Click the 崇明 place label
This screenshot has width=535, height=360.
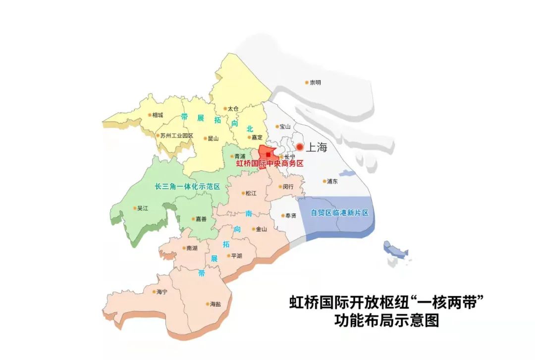tap(315, 82)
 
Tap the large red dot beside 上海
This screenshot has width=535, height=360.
tap(300, 147)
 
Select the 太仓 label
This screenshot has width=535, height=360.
tap(233, 108)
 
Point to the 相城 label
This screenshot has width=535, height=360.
tap(158, 115)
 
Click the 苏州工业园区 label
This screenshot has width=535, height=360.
tap(176, 136)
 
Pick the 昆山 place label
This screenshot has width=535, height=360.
tap(213, 139)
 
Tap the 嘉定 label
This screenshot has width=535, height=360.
tap(257, 138)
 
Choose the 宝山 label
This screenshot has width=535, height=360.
tap(285, 127)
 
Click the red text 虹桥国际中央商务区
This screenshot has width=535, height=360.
tap(269, 163)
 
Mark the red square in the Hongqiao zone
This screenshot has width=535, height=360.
tap(268, 155)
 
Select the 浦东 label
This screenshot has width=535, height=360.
tap(332, 181)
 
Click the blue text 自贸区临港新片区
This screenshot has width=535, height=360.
tap(340, 213)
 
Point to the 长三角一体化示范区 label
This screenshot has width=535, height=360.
tap(187, 187)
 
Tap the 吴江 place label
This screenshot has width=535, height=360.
tap(143, 208)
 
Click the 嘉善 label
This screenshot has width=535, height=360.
tap(201, 219)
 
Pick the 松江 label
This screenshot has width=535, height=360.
tap(251, 193)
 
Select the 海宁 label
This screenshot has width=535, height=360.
tap(161, 292)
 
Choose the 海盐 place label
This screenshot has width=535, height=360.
tap(215, 304)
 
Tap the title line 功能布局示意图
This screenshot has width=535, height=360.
tap(386, 321)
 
